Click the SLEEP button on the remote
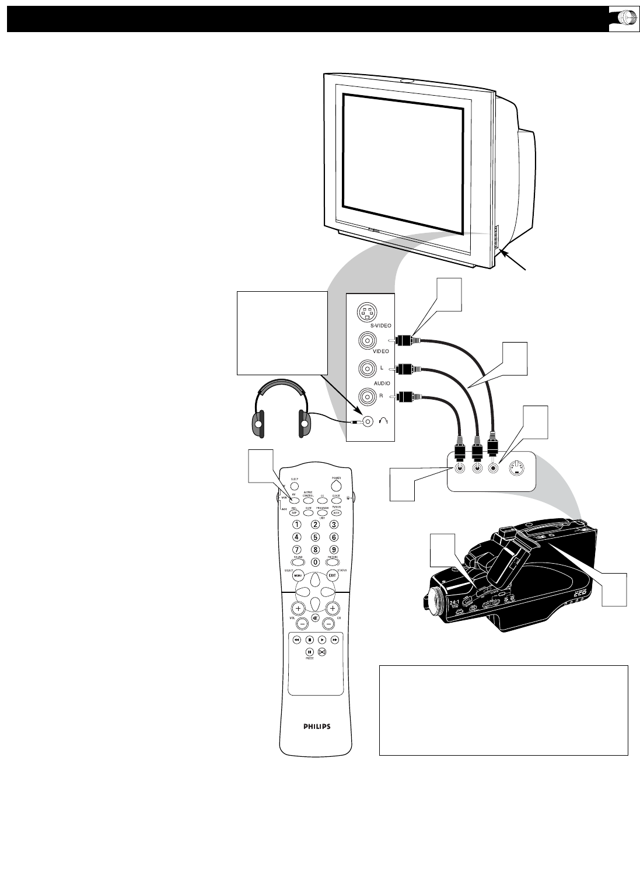coord(294,485)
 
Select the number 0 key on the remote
coord(315,562)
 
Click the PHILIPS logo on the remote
coord(317,727)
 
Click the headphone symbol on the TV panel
coord(383,422)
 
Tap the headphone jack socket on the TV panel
coord(367,421)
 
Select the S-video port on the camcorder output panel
coord(518,467)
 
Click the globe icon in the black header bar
coord(618,18)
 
